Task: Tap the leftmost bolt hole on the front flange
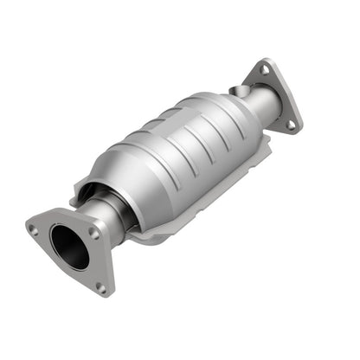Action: click(32, 229)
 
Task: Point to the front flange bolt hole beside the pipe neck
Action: click(94, 232)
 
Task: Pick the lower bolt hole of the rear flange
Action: click(291, 124)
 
